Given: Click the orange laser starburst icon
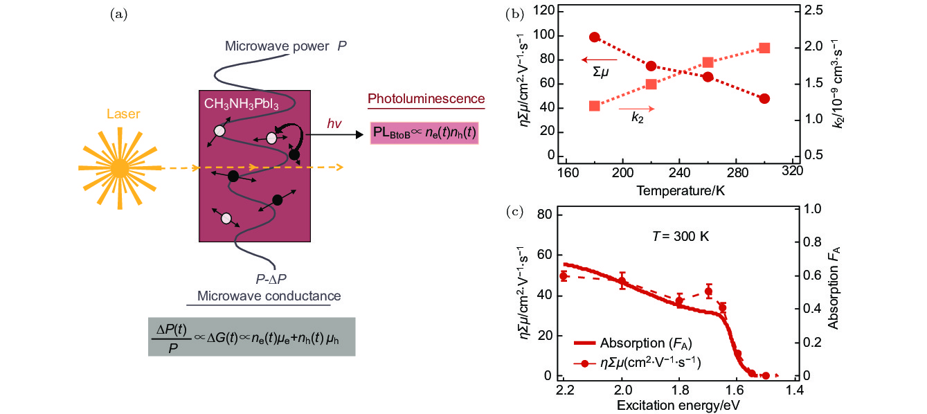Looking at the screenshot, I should tap(120, 167).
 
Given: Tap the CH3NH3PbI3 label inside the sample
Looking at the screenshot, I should tap(240, 104).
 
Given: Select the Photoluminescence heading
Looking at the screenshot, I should tap(426, 98).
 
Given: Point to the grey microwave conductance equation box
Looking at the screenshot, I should tap(251, 336).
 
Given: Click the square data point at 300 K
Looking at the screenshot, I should tap(764, 48).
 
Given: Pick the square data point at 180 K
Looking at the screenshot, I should tap(595, 106).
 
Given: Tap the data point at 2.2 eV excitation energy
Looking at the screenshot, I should tap(564, 276).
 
